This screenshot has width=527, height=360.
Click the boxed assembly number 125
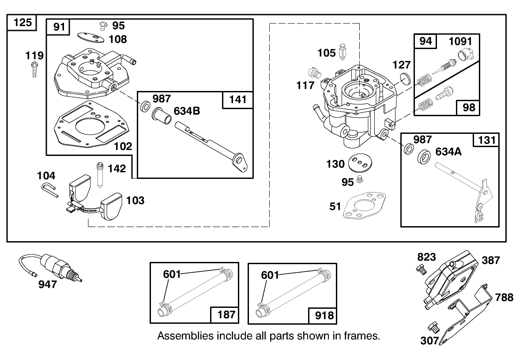pos(23,22)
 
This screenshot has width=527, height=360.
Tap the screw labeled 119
pos(34,70)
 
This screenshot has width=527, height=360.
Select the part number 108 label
pos(117,39)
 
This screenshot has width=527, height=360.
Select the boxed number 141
pos(238,100)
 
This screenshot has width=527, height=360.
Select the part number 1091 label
pos(460,42)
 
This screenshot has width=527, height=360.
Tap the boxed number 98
pos(469,107)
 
